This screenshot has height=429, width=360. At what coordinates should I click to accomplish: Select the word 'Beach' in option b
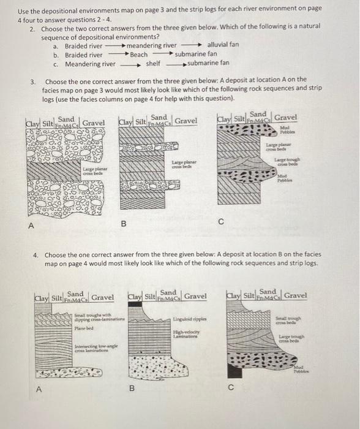click(138, 55)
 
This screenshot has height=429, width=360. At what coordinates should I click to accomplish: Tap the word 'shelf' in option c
click(153, 63)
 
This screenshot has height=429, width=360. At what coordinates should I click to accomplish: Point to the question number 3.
click(34, 82)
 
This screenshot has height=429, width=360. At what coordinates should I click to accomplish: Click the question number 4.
click(36, 255)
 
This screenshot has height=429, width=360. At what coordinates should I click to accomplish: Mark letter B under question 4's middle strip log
click(130, 389)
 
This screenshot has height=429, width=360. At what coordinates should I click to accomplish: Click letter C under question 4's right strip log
click(230, 387)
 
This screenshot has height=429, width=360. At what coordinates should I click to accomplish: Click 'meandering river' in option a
click(151, 45)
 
